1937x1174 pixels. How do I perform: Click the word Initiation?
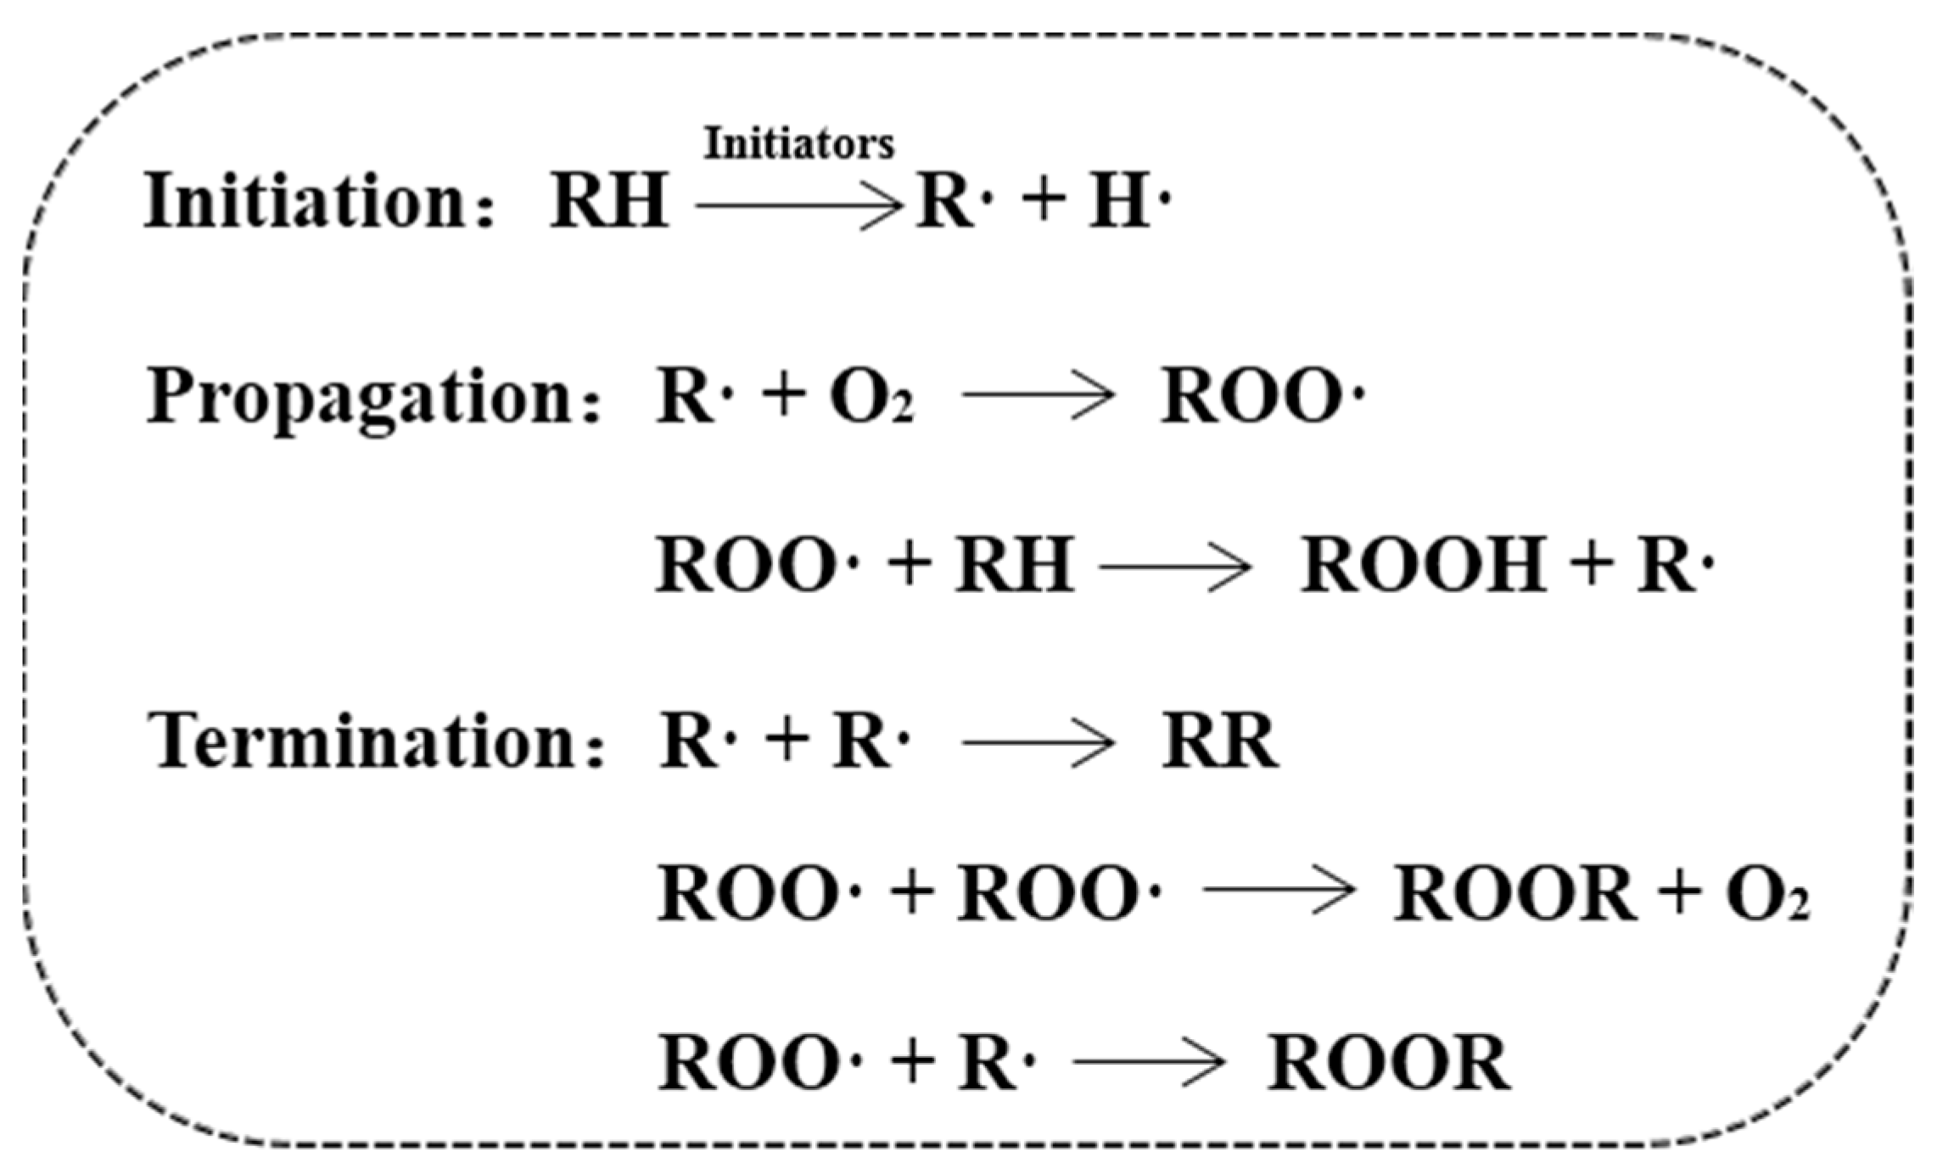(305, 201)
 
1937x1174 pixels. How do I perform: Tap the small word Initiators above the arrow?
(798, 144)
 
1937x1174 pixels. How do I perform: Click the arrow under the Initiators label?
(798, 206)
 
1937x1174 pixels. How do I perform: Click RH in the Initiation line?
(609, 202)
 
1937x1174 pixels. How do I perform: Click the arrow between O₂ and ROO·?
(1038, 396)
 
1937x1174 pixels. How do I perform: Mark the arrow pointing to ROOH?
(1175, 567)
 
